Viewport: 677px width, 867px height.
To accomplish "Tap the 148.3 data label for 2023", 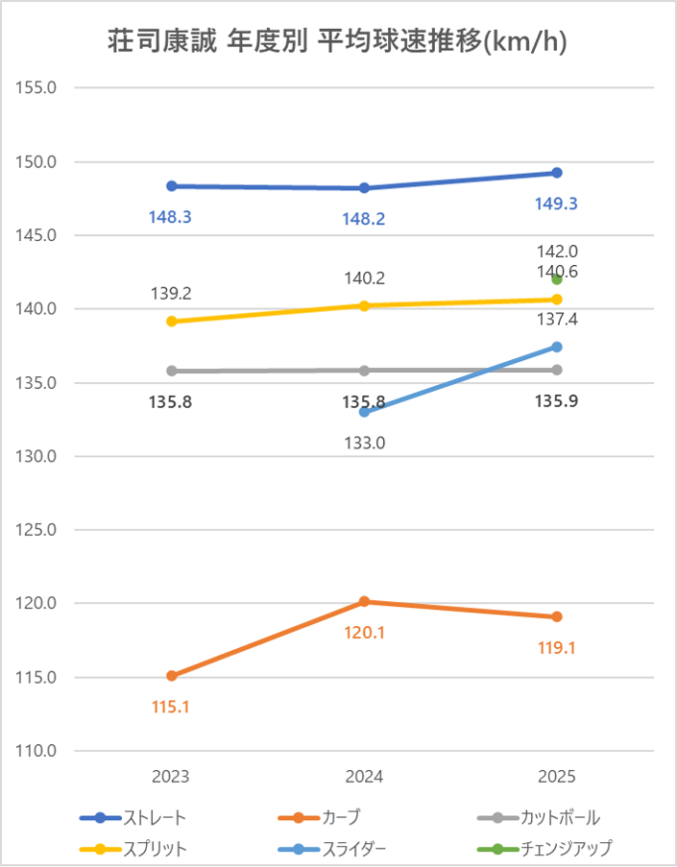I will [170, 217].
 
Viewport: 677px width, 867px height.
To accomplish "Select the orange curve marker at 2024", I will [365, 602].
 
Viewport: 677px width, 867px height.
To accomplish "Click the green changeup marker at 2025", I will [557, 279].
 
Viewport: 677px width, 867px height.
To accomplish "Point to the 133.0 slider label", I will [364, 444].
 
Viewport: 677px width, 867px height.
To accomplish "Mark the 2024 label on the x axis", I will [364, 777].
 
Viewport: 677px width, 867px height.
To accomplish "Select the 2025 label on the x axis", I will [557, 777].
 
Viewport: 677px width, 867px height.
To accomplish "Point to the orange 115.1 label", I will [170, 707].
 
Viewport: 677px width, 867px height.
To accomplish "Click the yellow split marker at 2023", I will [171, 322].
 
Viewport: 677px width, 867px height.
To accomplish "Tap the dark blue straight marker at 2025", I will [557, 173].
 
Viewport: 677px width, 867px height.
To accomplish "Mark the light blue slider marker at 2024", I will [365, 412].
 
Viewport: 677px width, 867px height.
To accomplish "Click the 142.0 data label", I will [557, 252].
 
